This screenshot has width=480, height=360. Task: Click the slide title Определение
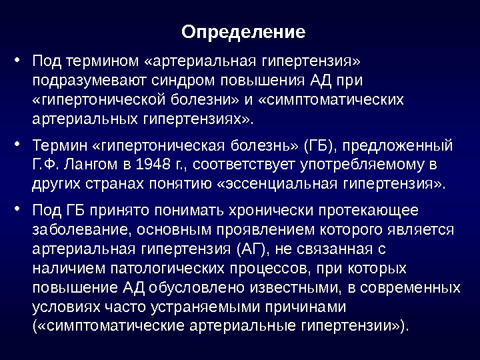243,32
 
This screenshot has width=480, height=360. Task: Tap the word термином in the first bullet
103,61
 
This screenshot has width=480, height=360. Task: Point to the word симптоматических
331,100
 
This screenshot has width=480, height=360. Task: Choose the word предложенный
397,146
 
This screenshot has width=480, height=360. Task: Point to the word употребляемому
361,165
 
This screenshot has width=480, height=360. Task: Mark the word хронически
271,211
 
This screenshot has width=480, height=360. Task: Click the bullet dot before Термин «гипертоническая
17,143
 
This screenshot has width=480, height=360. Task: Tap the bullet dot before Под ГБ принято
17,209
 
